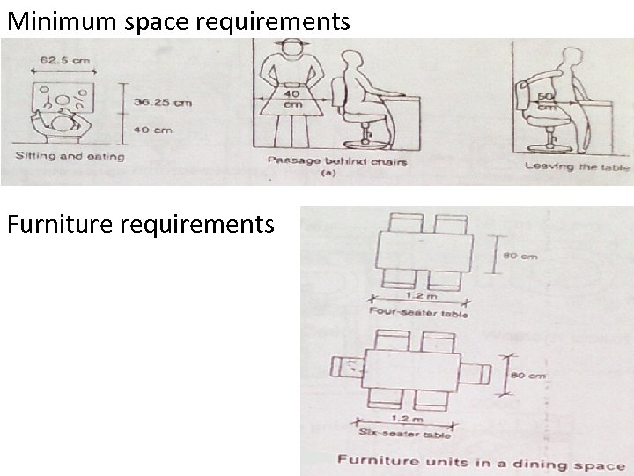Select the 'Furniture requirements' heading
pos(140,226)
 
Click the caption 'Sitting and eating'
pos(70,157)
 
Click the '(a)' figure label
pos(328,175)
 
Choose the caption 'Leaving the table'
pos(577,165)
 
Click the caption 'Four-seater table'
pos(418,313)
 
